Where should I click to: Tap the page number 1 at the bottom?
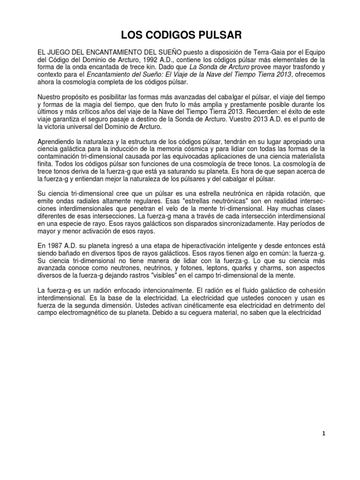click(323, 448)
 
